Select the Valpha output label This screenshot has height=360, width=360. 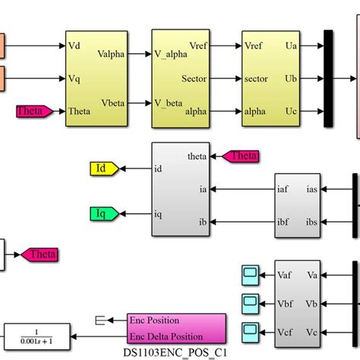point(114,55)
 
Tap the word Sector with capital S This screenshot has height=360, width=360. point(194,77)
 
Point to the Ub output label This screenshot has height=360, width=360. point(291,77)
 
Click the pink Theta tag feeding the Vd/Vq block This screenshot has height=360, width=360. point(34,111)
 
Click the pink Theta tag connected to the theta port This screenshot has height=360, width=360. point(239,156)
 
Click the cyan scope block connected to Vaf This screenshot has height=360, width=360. point(249,273)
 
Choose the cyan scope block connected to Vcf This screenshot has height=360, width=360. point(249,331)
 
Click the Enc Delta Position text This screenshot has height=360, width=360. point(166,336)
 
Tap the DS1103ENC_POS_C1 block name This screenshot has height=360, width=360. point(175,352)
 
